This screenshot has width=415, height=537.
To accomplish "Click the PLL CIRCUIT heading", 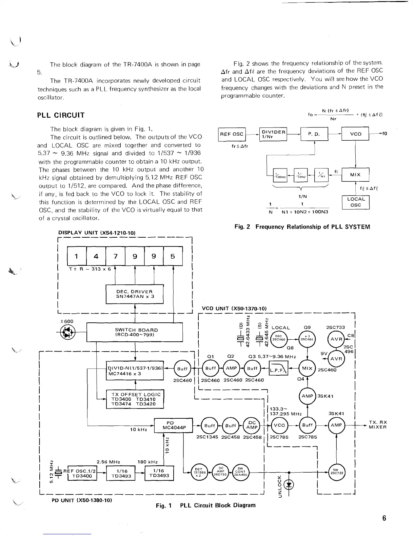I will click(61, 115).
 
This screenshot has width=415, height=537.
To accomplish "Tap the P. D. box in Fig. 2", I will click(314, 134).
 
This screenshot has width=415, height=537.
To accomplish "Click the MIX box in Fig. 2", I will click(355, 175).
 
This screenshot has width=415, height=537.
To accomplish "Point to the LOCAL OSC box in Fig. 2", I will click(356, 202).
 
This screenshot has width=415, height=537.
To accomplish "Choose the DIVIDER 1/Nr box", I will click(273, 134).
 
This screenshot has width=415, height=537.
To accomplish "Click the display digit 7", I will click(116, 256).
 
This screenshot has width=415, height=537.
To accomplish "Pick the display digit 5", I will click(173, 256).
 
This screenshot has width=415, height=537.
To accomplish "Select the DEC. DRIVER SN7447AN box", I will click(135, 294).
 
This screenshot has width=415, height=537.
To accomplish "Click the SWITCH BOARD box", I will click(135, 332).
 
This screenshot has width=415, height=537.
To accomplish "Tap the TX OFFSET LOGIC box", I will click(135, 399).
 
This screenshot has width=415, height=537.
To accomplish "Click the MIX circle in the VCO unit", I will click(307, 368).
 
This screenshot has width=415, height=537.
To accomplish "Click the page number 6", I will click(384, 518).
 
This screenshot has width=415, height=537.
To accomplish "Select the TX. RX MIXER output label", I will click(378, 425).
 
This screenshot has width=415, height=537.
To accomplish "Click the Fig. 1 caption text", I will click(205, 505).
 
